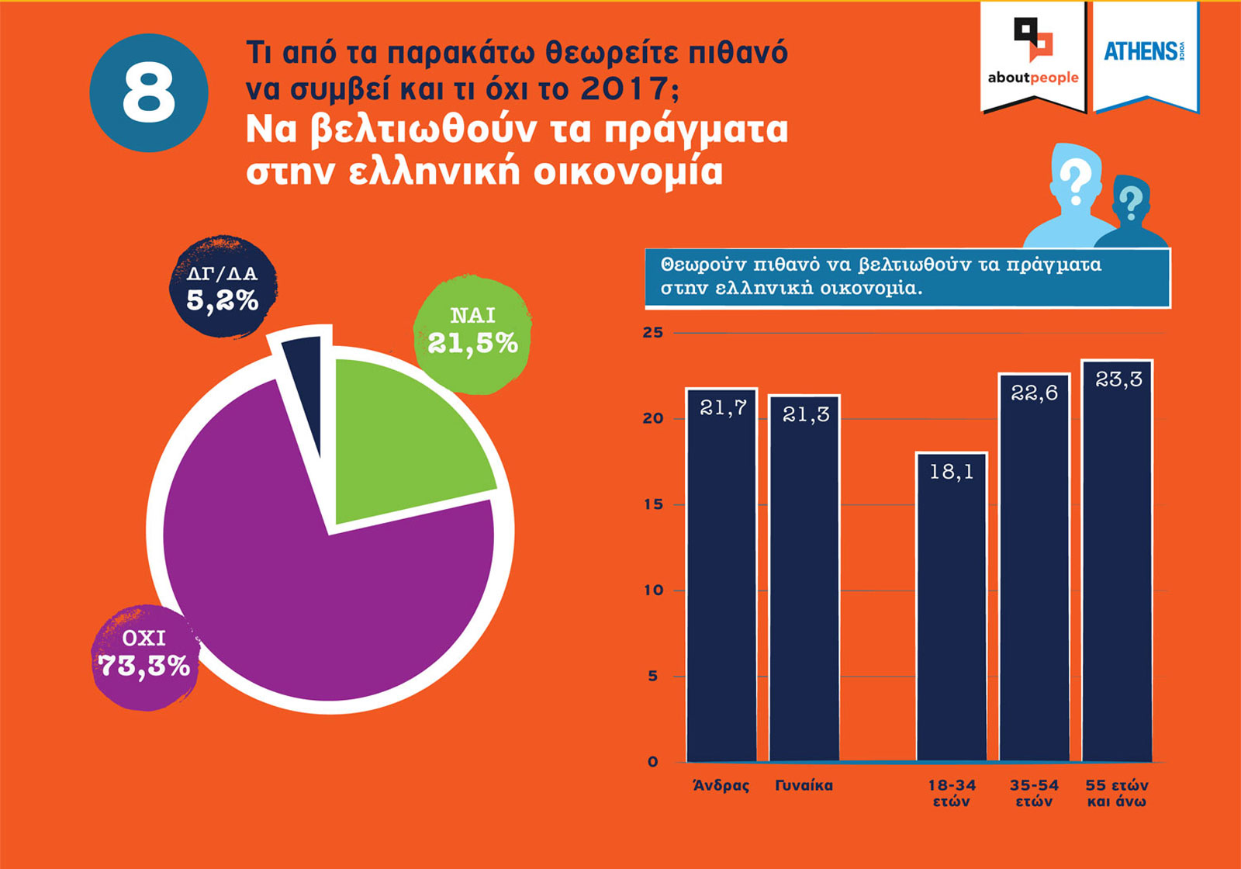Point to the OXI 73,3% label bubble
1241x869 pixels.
coord(144,656)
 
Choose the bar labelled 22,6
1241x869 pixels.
coord(1034,574)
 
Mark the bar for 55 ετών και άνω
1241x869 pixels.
coord(1117,566)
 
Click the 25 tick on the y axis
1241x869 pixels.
coord(653,333)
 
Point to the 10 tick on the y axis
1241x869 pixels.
coord(653,590)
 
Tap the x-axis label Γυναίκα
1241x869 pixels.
coord(804,786)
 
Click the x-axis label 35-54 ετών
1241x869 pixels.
coord(1034,794)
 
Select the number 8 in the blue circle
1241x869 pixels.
coord(149,93)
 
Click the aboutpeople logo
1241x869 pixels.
coord(1032,54)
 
